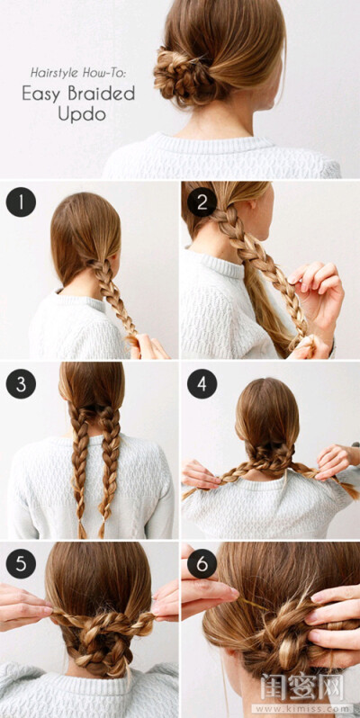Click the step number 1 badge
pyautogui.click(x=21, y=202)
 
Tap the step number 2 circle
pyautogui.click(x=202, y=202)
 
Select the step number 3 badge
pyautogui.click(x=21, y=383)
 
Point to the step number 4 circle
pyautogui.click(x=202, y=383)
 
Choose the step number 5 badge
pyautogui.click(x=21, y=563)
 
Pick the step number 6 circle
pyautogui.click(x=202, y=563)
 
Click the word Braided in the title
pyautogui.click(x=101, y=94)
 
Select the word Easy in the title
pyautogui.click(x=41, y=94)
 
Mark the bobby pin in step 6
pyautogui.click(x=251, y=603)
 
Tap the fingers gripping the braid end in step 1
pyautogui.click(x=148, y=347)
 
